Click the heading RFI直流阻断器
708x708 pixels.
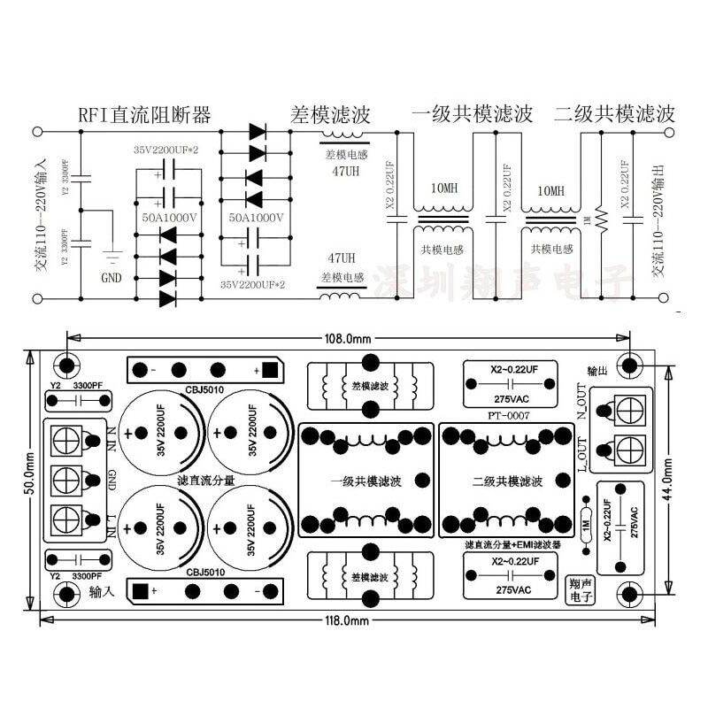click(x=144, y=114)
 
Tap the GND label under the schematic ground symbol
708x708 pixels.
click(x=112, y=277)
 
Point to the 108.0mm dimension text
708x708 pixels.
click(x=349, y=338)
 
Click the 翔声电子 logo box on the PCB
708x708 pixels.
click(x=581, y=588)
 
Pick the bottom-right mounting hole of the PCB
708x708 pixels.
click(x=629, y=595)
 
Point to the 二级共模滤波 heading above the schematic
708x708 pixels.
click(x=614, y=114)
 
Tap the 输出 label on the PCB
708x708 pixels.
click(x=598, y=370)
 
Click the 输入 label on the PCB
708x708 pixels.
click(x=102, y=597)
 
